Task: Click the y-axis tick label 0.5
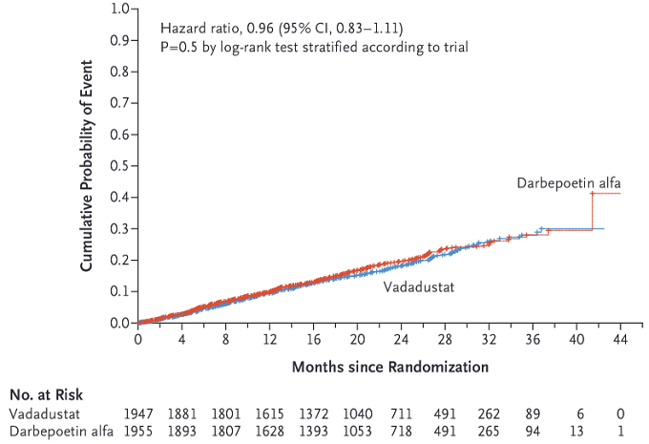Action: tap(119, 166)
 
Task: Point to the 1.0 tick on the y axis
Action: tap(119, 10)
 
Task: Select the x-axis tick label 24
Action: tap(401, 339)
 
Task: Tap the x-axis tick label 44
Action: tap(619, 339)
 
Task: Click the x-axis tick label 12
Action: tap(269, 339)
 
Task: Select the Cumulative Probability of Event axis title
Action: tap(86, 166)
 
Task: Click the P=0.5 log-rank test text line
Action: tap(306, 46)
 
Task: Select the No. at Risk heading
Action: tap(46, 394)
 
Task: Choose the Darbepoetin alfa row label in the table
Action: tap(61, 431)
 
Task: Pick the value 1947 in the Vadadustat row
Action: tap(138, 413)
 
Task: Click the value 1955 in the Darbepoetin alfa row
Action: tap(138, 431)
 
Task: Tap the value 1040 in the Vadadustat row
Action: tap(358, 413)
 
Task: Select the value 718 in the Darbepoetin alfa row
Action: tap(402, 431)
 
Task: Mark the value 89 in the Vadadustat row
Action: tap(534, 413)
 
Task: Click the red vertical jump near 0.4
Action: tap(592, 210)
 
